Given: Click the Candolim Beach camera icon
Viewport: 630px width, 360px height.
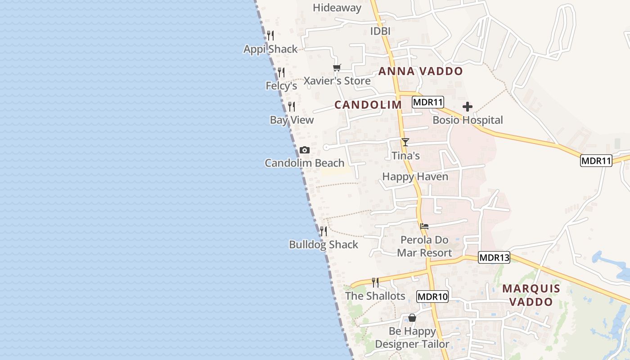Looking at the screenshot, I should pos(305,150).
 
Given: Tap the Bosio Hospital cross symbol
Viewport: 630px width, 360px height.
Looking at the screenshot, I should pos(468,107).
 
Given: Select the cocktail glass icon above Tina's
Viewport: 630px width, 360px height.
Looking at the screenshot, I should pos(405,142).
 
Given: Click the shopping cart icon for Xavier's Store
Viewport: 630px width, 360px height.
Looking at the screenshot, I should pos(337,68).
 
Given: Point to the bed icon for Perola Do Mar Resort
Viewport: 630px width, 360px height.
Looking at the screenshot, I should pos(424,226).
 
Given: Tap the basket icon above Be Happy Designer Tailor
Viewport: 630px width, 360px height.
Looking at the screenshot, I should pos(412,318).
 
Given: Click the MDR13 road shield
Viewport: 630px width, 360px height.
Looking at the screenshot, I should pos(494,258).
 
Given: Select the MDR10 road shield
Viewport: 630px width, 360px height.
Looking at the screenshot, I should pos(432,297).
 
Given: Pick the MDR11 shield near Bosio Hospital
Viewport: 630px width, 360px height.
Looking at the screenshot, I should pos(428,102).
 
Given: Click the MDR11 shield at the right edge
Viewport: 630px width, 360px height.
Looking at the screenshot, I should pos(596,161).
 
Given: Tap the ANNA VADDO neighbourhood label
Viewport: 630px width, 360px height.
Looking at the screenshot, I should pos(420,71).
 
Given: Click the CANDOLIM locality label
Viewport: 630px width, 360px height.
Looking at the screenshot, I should pos(368,105).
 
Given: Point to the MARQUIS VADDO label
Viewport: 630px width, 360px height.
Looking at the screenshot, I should pos(531,295).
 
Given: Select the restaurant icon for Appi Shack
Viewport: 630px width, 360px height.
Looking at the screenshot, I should pos(270,36).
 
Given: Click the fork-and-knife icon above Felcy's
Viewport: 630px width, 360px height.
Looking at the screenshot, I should pos(281,72).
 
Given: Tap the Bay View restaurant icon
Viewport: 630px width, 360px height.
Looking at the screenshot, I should pos(292,107).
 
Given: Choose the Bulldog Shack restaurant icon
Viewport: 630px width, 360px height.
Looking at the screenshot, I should pos(324,231).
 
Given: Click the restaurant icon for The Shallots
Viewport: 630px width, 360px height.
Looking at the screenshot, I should pos(375,283).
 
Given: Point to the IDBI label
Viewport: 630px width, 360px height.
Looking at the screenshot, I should pos(380,31).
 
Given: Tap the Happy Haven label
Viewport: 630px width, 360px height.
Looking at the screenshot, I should pos(415,176).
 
